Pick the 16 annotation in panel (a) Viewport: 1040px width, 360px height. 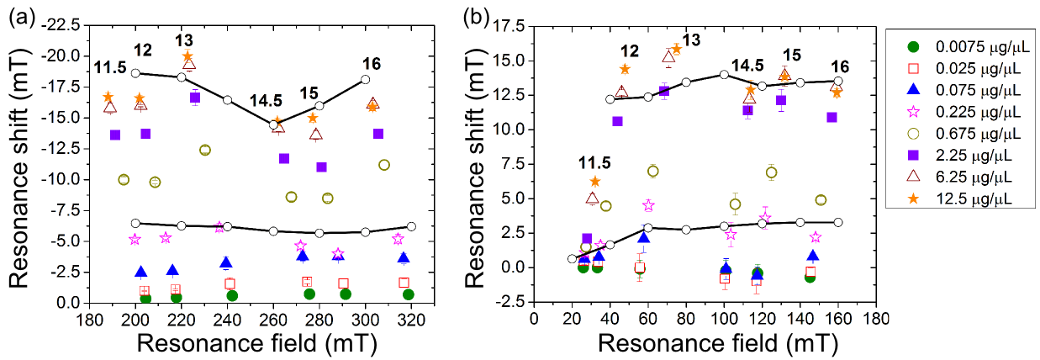373,64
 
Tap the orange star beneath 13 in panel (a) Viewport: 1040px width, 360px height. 187,56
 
